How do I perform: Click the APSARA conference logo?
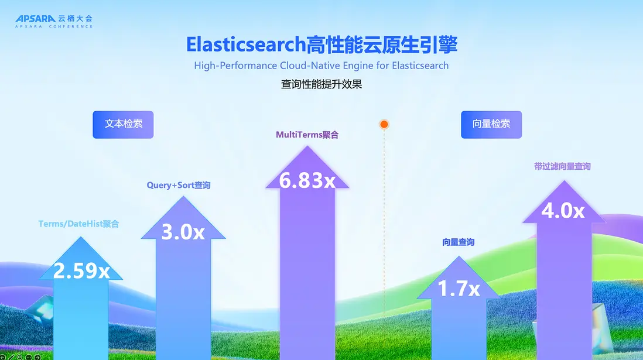[x=54, y=21]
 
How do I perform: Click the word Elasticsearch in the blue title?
[x=246, y=44]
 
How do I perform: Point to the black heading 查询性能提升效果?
[x=321, y=84]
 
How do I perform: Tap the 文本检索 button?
[x=123, y=124]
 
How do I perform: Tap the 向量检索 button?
[x=491, y=124]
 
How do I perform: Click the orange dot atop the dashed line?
[x=384, y=124]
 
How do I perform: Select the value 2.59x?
[x=81, y=270]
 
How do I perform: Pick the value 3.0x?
[x=183, y=232]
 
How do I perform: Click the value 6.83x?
[x=307, y=180]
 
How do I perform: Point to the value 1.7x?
[x=459, y=288]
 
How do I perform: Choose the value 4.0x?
[x=563, y=210]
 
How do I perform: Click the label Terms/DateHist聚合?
[x=78, y=224]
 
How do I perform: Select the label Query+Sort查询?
[x=179, y=186]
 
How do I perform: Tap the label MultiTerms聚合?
[x=307, y=135]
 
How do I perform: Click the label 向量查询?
[x=458, y=242]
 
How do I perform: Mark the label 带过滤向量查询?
[x=562, y=166]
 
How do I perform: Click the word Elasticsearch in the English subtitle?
[x=420, y=66]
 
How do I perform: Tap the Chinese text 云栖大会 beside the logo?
[x=75, y=19]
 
